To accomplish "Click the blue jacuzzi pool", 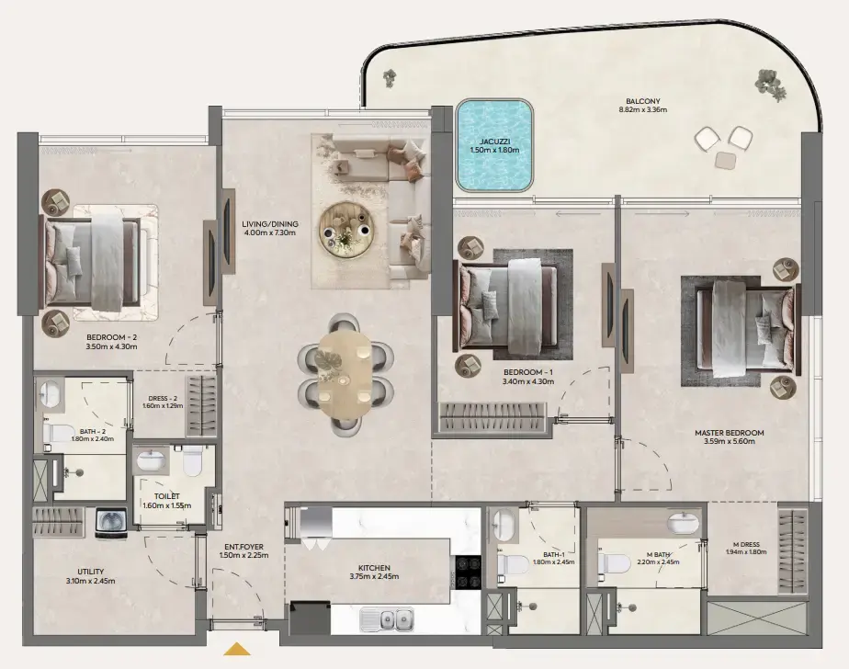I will pos(495,146).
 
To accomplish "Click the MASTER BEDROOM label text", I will pos(729,432).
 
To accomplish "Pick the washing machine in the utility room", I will pos(110,522).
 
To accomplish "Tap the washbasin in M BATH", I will pos(683,524).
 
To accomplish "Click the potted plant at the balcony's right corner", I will pos(770,84).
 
